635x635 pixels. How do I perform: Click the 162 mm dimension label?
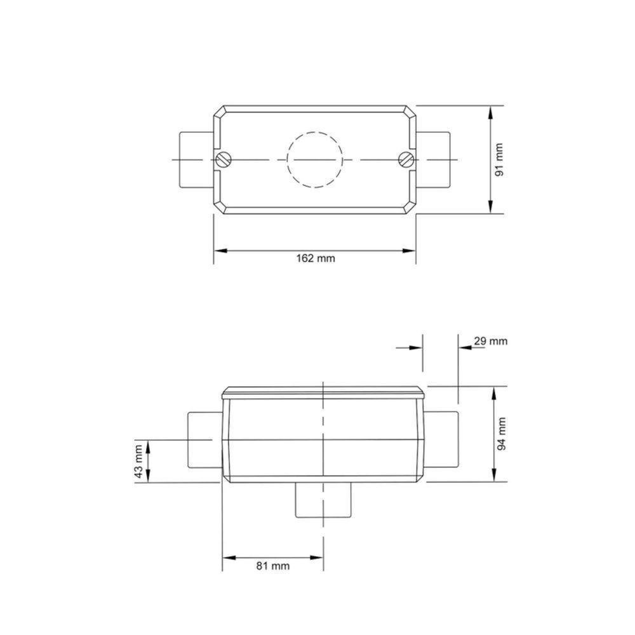coord(315,258)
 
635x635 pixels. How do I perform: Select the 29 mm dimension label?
coord(491,341)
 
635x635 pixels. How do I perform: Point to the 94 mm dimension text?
coord(502,434)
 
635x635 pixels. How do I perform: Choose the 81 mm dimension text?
coord(273,566)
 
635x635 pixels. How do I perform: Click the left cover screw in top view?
coord(222,159)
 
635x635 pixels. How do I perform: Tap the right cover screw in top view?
coord(406,159)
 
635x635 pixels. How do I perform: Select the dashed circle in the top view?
coord(315,159)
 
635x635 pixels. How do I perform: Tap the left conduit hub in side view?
coord(203,440)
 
